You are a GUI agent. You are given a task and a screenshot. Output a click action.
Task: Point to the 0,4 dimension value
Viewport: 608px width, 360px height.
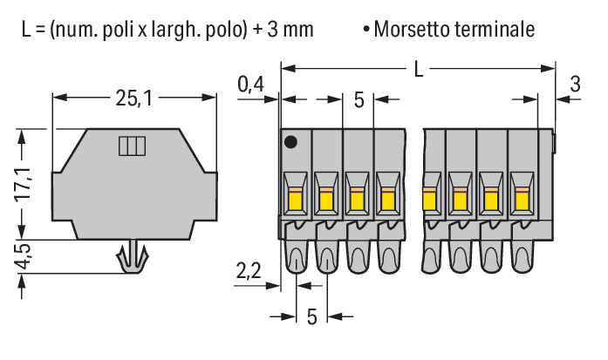(x=250, y=85)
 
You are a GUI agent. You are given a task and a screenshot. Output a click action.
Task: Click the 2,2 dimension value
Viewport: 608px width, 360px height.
(x=249, y=272)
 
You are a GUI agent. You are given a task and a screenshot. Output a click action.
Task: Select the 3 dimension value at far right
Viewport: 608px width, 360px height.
(x=574, y=85)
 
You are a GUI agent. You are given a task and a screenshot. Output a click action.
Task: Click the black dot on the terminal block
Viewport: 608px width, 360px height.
(x=291, y=141)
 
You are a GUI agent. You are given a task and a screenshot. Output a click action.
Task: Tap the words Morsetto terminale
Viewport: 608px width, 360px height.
(x=454, y=30)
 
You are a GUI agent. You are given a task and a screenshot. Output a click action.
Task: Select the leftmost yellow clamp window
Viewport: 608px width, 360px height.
(x=295, y=201)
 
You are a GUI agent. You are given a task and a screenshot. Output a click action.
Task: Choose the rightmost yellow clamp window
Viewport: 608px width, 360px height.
(x=521, y=201)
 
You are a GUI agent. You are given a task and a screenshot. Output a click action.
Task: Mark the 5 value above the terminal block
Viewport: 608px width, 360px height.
(x=359, y=99)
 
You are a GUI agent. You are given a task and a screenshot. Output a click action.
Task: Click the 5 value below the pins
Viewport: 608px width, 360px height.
(x=311, y=316)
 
